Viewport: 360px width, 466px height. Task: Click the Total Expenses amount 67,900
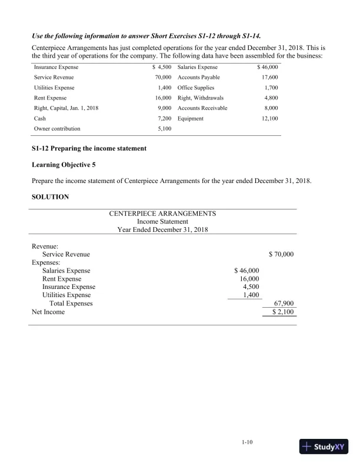284,304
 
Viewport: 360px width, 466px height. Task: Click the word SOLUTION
50,197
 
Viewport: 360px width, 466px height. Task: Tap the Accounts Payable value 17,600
269,78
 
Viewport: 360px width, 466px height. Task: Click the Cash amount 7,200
162,118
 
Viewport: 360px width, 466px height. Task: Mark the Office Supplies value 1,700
271,88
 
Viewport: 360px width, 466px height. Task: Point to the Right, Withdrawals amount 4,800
271,98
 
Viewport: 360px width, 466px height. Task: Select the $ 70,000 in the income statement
281,254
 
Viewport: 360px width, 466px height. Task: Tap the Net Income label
48,312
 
